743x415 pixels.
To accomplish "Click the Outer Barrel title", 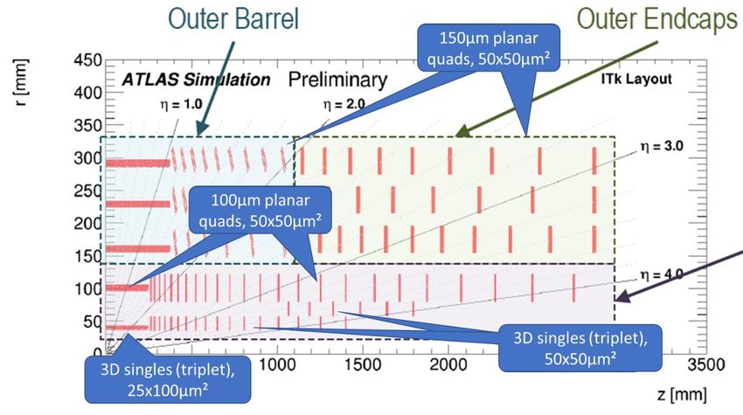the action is [x=233, y=19].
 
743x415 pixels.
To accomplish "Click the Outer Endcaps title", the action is [x=656, y=19].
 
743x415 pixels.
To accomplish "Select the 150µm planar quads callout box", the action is [x=489, y=48].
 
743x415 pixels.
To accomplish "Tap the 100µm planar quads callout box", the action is [x=260, y=210].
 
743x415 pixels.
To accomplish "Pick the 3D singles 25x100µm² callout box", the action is [x=167, y=379].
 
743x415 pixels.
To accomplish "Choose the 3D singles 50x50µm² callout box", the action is [x=580, y=349].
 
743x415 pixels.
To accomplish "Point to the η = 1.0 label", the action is [x=181, y=104].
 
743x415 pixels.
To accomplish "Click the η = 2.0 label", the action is [x=344, y=104].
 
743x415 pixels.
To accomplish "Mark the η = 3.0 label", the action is [x=662, y=147].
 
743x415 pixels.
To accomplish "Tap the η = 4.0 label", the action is [x=662, y=274].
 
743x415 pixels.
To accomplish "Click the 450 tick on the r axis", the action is [x=88, y=60].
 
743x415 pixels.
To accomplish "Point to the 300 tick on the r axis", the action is [x=88, y=158].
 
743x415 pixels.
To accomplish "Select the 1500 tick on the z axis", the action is [x=363, y=365].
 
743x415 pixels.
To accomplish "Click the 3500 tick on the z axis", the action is [x=706, y=365].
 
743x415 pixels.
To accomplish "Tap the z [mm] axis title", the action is [x=682, y=394].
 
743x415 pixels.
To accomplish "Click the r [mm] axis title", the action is [x=21, y=82].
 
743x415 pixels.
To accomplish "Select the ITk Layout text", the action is [x=636, y=79].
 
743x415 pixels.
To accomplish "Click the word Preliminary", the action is [x=338, y=80].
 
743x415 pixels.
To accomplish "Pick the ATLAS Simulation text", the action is [x=196, y=80].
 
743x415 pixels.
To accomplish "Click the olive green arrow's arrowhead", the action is [x=462, y=131].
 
